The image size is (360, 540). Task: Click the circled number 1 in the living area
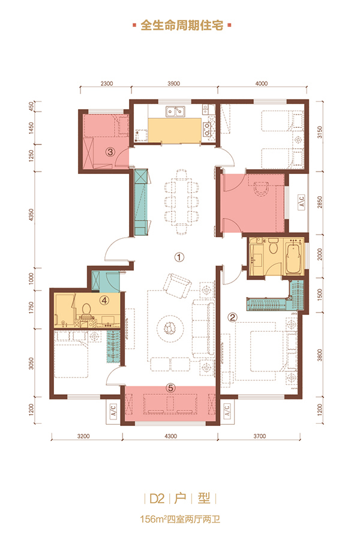(179, 257)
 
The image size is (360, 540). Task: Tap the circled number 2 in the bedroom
(233, 317)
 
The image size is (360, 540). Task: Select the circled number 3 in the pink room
(110, 152)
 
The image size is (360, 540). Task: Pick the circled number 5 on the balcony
(170, 388)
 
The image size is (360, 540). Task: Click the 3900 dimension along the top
(173, 83)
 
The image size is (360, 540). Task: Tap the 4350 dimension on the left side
(32, 215)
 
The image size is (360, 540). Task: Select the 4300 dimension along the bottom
(170, 436)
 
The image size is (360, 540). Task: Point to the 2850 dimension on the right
(319, 202)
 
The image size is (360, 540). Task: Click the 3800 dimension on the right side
(319, 355)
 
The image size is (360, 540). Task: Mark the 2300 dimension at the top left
(106, 83)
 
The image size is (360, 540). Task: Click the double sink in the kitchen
(175, 112)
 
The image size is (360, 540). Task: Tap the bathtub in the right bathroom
(295, 257)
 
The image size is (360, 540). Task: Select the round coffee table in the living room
(169, 328)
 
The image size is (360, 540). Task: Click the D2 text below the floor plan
(157, 499)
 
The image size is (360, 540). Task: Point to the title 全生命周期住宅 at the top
(182, 25)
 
